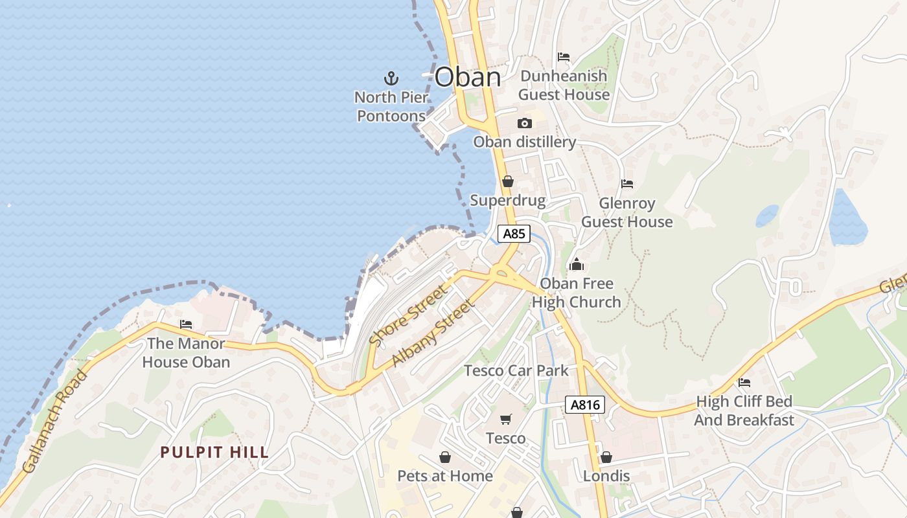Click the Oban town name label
tap(468, 77)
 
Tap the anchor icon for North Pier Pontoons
tap(391, 79)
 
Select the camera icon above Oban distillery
tap(524, 123)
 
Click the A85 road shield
tap(514, 234)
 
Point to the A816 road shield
tap(585, 405)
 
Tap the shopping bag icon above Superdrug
tap(508, 181)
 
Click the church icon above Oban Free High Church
tap(576, 264)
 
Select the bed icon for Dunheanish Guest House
tap(564, 57)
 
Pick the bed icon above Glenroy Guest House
tap(626, 184)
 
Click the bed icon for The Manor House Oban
tap(186, 324)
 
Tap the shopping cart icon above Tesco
tap(506, 419)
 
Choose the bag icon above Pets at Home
tap(445, 457)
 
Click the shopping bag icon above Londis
tap(606, 457)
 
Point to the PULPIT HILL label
tap(214, 453)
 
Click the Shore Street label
tap(408, 316)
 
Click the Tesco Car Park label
tap(516, 370)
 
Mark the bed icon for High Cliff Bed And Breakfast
tap(744, 383)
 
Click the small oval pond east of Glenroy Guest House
tap(767, 216)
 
